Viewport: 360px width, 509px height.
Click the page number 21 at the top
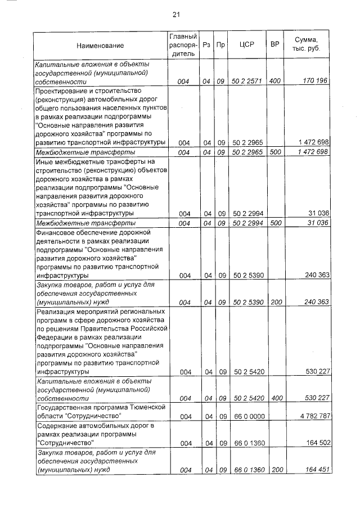[181, 15]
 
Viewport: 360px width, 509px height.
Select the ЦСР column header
[244, 44]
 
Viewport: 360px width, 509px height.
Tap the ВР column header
[275, 44]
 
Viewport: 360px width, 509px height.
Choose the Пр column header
[222, 44]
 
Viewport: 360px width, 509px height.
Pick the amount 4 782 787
[312, 416]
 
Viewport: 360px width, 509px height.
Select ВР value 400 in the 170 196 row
[275, 82]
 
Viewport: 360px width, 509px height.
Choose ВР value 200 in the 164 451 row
[275, 470]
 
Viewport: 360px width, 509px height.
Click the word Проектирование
[62, 91]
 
